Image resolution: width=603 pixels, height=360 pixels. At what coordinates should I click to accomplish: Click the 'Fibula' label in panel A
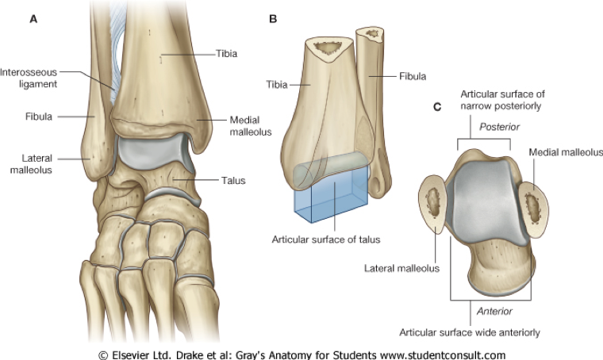pyautogui.click(x=38, y=117)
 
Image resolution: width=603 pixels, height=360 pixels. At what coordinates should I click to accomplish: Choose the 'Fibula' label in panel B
pyautogui.click(x=412, y=77)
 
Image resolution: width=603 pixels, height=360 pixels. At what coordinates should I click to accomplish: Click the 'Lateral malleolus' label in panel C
pyautogui.click(x=401, y=269)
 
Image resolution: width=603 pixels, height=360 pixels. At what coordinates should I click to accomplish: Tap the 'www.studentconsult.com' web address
pyautogui.click(x=435, y=353)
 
